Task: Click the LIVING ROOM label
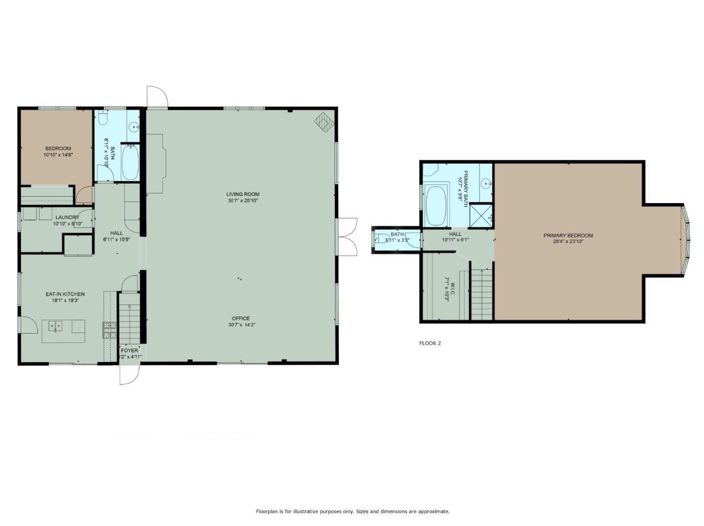243,194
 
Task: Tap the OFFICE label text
241,318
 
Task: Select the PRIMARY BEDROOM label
568,235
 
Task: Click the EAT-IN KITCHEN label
65,294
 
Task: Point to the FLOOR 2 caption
430,343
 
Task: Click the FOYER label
130,351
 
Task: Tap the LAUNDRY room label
67,217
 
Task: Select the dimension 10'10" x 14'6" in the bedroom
58,155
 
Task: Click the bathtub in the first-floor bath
130,163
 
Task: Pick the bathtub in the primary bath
437,206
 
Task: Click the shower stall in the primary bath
480,215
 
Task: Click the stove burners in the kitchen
110,331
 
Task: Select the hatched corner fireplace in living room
323,122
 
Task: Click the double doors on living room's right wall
347,236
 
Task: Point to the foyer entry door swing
130,375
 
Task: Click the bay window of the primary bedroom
686,239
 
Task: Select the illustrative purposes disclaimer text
352,511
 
